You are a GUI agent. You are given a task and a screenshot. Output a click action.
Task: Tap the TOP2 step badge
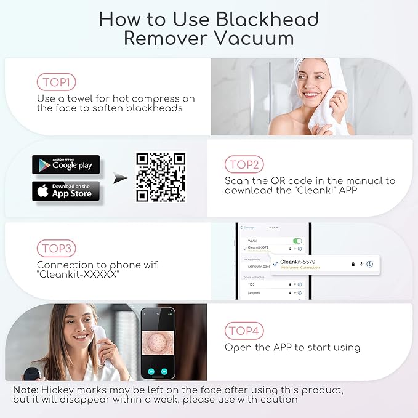(244, 164)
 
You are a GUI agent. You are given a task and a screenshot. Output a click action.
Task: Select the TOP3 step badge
(56, 249)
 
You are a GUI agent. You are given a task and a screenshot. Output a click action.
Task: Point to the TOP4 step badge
(244, 331)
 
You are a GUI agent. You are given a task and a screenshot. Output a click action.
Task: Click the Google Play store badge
(66, 165)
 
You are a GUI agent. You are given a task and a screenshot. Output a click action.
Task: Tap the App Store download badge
(66, 191)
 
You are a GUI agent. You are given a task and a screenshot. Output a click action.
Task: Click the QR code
(161, 177)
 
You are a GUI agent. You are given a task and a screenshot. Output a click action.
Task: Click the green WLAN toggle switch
(297, 241)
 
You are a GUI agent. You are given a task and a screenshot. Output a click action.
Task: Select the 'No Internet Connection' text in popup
(300, 267)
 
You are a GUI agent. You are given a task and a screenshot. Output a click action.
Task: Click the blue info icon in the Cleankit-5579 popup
(370, 263)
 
